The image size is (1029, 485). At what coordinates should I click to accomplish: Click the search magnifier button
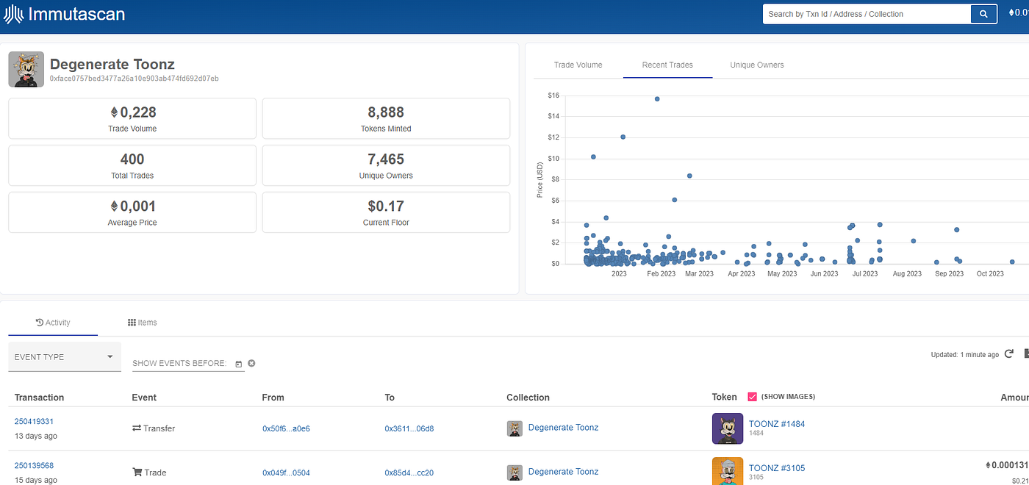[x=983, y=14]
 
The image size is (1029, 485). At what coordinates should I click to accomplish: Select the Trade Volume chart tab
[x=578, y=65]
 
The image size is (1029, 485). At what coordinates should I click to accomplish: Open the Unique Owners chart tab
[x=756, y=65]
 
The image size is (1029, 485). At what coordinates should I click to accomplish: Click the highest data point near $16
[x=657, y=98]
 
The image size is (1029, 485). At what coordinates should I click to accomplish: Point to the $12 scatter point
[x=623, y=137]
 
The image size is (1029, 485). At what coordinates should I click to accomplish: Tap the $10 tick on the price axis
[x=553, y=159]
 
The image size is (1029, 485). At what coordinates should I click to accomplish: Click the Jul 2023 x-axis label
[x=864, y=273]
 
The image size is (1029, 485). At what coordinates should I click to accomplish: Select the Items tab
[x=142, y=323]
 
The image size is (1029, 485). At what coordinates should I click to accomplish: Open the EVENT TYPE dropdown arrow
[x=110, y=356]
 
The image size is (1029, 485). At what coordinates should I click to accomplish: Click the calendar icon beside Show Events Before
[x=238, y=364]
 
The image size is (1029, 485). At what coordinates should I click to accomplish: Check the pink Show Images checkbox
[x=752, y=397]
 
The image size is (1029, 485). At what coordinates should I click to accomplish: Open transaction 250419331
[x=34, y=421]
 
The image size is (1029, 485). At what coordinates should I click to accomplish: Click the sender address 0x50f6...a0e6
[x=286, y=428]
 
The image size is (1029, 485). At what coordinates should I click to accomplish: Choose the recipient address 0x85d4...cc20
[x=409, y=473]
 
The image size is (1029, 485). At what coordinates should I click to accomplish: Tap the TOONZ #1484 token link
[x=776, y=424]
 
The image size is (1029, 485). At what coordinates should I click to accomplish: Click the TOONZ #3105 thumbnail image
[x=727, y=471]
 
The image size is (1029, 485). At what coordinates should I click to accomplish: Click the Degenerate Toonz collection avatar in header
[x=26, y=69]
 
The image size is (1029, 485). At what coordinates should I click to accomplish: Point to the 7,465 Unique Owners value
[x=386, y=159]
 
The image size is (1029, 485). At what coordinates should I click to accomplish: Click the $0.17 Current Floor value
[x=386, y=206]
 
